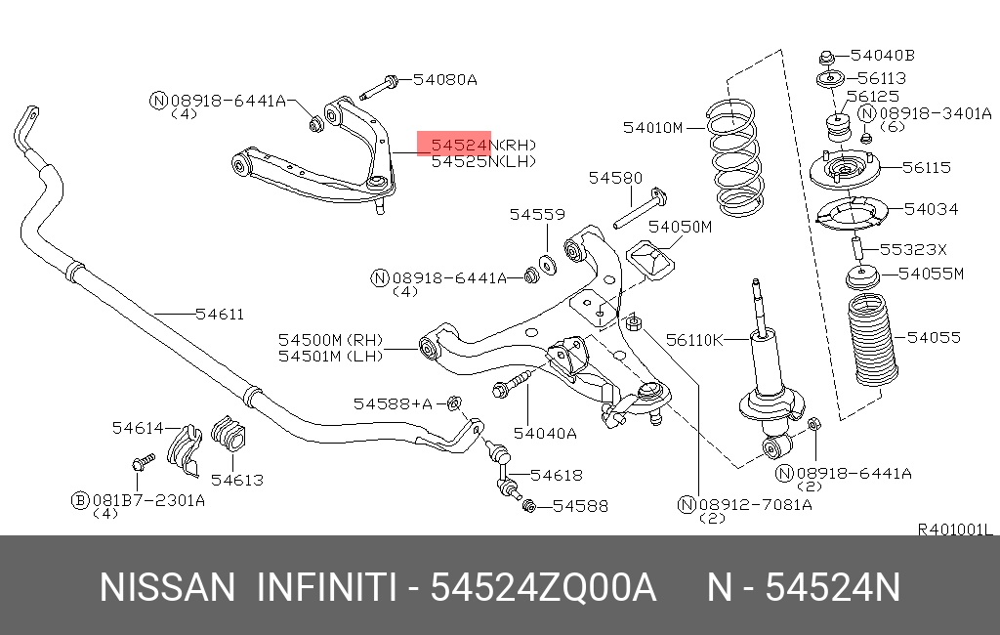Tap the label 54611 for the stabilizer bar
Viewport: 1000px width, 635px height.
(219, 314)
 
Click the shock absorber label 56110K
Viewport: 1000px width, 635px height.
(694, 339)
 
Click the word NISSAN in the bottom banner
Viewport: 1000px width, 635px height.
(168, 588)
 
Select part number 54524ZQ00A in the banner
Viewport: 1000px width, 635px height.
(542, 588)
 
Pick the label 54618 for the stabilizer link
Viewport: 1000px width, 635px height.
(557, 475)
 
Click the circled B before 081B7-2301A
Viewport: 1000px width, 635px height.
(80, 499)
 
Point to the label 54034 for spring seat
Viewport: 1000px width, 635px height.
(931, 209)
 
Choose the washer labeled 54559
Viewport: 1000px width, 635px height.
(548, 263)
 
